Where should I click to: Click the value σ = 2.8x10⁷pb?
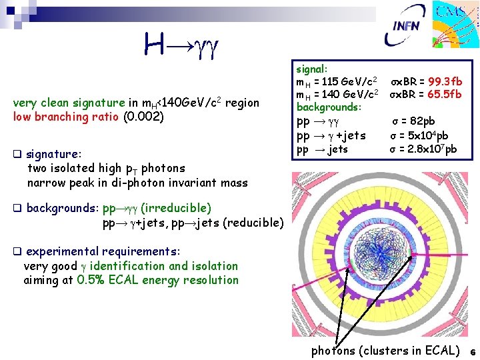pos(423,149)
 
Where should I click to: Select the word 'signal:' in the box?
pos(311,69)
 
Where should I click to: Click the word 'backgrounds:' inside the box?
pos(329,107)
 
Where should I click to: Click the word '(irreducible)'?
pos(176,208)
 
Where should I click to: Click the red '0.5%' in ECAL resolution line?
pos(90,280)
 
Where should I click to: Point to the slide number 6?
pos(471,351)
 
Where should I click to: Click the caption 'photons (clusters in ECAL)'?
pos(385,350)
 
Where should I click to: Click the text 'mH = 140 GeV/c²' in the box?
pos(337,95)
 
